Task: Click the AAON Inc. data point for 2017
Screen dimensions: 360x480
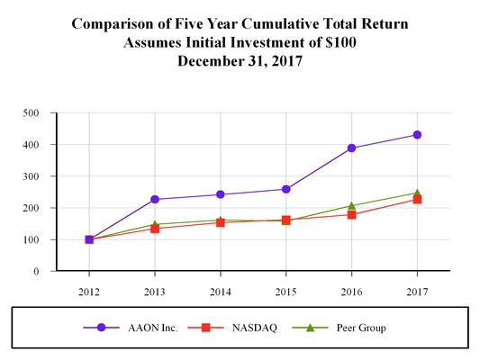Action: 417,135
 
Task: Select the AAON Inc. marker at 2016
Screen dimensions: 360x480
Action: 351,148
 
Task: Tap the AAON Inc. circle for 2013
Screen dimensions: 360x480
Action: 155,200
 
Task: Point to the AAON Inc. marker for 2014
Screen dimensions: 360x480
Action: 221,194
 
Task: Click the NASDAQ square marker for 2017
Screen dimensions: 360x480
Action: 417,199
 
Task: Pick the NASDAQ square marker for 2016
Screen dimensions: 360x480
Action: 351,214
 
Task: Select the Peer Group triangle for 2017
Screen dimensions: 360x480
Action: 417,193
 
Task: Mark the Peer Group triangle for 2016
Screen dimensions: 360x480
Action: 351,205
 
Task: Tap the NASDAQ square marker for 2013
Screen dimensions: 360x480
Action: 155,229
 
